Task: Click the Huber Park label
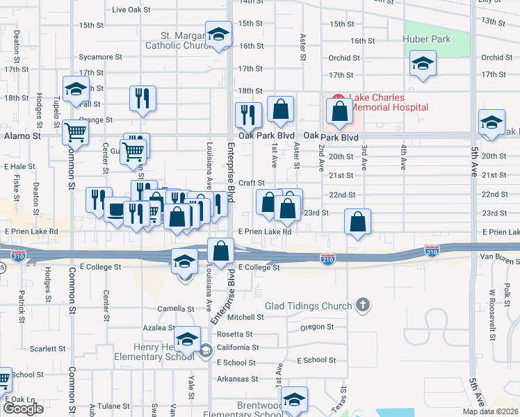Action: point(427,39)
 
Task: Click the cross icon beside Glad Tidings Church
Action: point(361,304)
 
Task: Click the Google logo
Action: point(23,408)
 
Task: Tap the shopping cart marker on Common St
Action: point(75,131)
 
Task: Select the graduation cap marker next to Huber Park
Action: point(423,64)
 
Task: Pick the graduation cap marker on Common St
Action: point(76,89)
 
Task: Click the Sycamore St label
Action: point(100,56)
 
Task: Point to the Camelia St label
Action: point(174,309)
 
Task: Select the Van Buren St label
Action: point(499,258)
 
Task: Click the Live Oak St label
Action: point(131,10)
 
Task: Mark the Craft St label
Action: point(248,183)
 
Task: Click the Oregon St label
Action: point(317,327)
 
